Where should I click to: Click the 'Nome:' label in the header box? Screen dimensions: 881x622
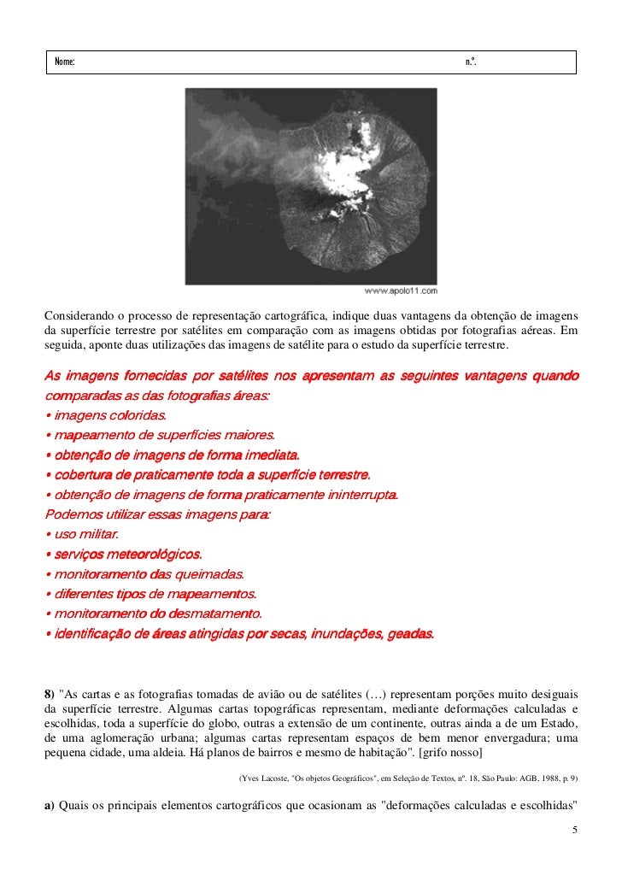tap(64, 62)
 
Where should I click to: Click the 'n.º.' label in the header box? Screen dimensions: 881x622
tap(471, 62)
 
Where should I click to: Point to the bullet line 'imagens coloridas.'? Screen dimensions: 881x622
tap(105, 415)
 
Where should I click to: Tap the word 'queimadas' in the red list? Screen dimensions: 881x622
tap(210, 574)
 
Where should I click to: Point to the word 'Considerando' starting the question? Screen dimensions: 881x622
tap(78, 315)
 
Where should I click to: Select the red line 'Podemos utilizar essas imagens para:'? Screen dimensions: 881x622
tap(157, 515)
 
